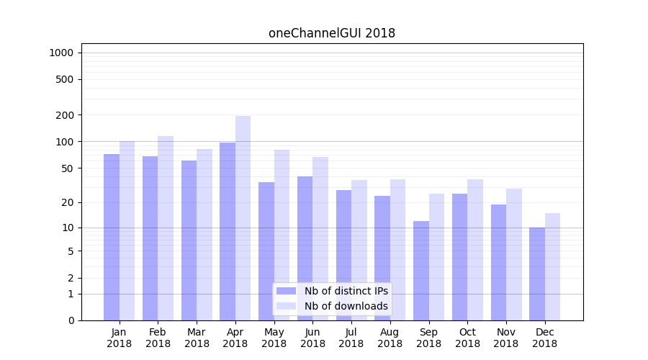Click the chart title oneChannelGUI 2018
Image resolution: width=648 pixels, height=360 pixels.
click(332, 33)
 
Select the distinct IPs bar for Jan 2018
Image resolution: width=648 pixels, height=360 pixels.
click(112, 237)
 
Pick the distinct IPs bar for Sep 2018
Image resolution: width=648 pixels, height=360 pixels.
click(421, 271)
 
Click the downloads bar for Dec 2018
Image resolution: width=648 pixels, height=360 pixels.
click(553, 266)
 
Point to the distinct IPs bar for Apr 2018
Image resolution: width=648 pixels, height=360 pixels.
click(228, 231)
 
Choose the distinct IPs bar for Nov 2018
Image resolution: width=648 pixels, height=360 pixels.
click(498, 262)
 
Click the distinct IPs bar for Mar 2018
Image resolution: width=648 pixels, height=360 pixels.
click(189, 240)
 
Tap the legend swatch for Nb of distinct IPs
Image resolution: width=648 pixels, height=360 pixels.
click(287, 291)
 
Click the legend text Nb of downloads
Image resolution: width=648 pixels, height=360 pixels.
click(346, 306)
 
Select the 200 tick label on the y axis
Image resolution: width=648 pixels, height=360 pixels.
click(66, 115)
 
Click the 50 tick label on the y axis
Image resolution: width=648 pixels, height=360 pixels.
click(68, 168)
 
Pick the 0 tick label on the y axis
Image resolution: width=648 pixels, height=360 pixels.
click(71, 320)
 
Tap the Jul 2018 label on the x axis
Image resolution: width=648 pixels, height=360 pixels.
click(351, 338)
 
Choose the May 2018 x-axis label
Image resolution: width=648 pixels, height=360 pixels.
click(274, 338)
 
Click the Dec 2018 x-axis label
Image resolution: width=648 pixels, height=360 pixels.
click(545, 338)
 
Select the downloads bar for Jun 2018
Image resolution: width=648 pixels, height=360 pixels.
click(320, 238)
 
